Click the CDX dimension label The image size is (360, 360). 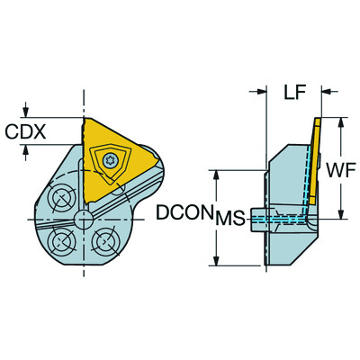(25, 132)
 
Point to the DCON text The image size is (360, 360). (184, 213)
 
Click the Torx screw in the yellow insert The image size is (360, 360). (111, 160)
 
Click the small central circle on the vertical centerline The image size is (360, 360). (84, 218)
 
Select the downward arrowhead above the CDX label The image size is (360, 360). (26, 112)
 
